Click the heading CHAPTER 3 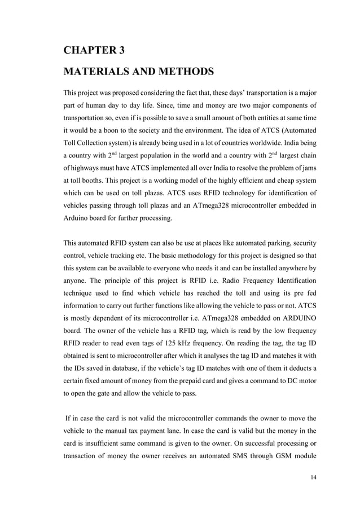[94, 50]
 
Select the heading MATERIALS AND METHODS [138, 72]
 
